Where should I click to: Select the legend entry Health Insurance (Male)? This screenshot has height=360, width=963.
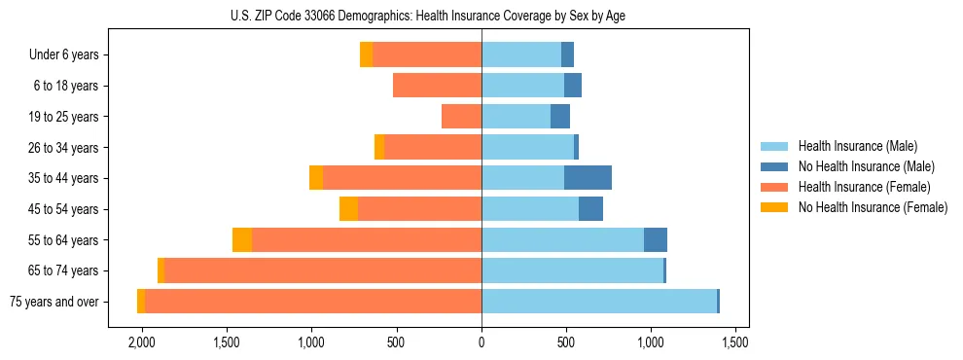856,146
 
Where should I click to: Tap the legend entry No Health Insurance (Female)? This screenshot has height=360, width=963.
873,207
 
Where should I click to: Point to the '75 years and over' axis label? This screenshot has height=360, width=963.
54,302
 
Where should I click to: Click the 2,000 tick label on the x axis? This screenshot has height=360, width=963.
142,343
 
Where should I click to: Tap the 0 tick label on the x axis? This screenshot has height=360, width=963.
481,343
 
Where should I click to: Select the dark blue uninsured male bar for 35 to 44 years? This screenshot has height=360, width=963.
588,178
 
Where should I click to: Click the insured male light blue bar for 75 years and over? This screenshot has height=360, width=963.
598,302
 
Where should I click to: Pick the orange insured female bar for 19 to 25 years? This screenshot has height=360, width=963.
461,117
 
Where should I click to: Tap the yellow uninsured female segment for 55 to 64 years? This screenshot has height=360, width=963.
242,240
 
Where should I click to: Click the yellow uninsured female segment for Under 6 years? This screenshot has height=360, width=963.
366,55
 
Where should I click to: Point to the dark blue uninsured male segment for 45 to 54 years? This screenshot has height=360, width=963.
590,209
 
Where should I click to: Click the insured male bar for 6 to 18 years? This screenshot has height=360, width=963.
522,86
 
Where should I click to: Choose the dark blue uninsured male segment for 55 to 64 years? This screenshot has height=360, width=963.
655,240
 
